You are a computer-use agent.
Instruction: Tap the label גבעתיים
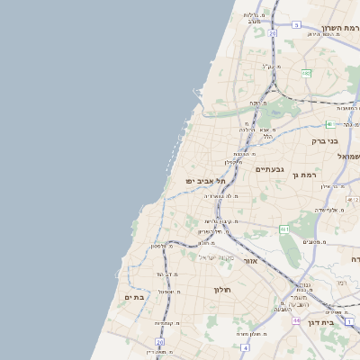pyautogui.click(x=269, y=169)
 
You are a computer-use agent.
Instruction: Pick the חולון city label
pyautogui.click(x=222, y=290)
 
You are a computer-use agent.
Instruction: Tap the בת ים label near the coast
pyautogui.click(x=134, y=297)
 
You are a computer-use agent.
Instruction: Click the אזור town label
pyautogui.click(x=251, y=261)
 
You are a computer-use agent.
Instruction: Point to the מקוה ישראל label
pyautogui.click(x=216, y=256)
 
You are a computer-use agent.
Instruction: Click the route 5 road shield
pyautogui.click(x=296, y=25)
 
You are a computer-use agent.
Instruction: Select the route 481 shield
pyautogui.click(x=330, y=124)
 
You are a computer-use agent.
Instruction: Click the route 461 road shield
pyautogui.click(x=284, y=230)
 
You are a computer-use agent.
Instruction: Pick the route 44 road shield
pyautogui.click(x=296, y=319)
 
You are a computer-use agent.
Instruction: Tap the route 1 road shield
pyautogui.click(x=349, y=321)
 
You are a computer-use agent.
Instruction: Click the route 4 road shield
pyautogui.click(x=244, y=346)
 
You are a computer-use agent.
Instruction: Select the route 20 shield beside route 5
pyautogui.click(x=272, y=33)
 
